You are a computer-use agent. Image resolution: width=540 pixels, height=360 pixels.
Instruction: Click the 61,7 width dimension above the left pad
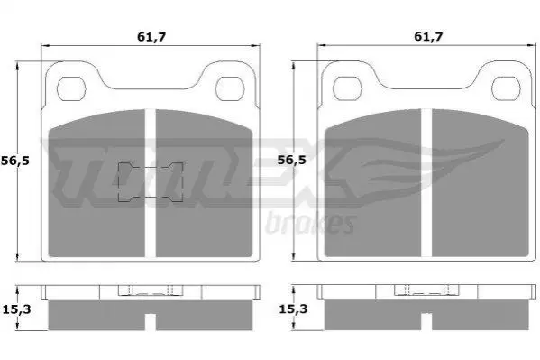(x=151, y=37)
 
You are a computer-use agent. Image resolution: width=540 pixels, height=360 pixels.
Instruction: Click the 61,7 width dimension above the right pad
(x=428, y=36)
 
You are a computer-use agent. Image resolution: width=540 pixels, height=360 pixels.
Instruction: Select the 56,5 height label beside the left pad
(x=15, y=161)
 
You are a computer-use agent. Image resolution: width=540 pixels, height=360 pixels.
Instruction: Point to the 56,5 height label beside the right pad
(x=292, y=160)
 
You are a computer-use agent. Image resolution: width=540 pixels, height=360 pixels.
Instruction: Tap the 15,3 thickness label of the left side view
(x=16, y=309)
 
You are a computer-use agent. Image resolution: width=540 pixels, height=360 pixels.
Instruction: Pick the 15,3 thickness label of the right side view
(x=293, y=309)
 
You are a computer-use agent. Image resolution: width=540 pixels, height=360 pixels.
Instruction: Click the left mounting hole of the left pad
(x=71, y=89)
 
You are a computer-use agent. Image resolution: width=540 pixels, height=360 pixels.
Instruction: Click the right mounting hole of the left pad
(x=230, y=89)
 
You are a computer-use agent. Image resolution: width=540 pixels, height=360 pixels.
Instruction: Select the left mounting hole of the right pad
(x=347, y=88)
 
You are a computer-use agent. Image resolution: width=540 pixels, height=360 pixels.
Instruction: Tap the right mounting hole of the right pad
(x=506, y=88)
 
